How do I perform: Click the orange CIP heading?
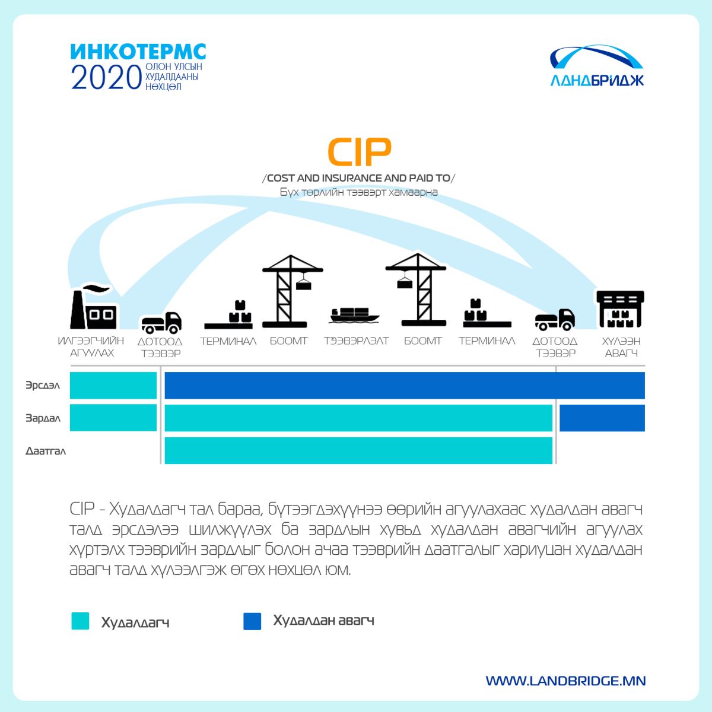click(x=359, y=152)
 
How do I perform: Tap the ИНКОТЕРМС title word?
click(x=138, y=52)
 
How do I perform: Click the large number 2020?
click(x=106, y=77)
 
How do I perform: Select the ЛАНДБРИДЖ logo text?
click(x=597, y=80)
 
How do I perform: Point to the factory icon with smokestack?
click(x=94, y=306)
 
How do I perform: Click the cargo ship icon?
click(x=355, y=315)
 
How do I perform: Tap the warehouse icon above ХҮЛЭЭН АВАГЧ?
click(x=621, y=309)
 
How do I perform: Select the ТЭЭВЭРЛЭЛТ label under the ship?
click(x=357, y=341)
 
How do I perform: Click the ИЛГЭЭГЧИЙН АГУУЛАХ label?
click(x=91, y=347)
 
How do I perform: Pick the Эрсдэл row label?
click(x=43, y=386)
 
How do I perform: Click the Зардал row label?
click(x=43, y=418)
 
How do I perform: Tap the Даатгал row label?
click(x=46, y=451)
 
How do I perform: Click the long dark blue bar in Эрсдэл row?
click(x=405, y=386)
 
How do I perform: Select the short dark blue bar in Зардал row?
click(x=602, y=418)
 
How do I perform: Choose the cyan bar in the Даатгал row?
click(x=358, y=450)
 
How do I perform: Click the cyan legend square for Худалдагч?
click(x=80, y=621)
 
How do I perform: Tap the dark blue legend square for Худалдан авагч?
click(x=252, y=621)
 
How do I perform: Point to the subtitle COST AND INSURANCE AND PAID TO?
click(x=359, y=178)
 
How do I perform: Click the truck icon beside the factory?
click(x=161, y=322)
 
